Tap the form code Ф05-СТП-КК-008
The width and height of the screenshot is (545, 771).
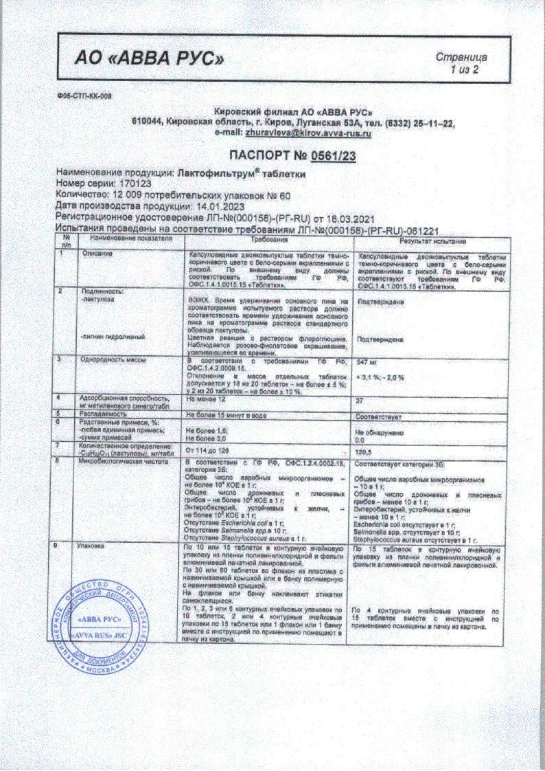(84, 96)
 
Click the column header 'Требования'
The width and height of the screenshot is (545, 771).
(268, 242)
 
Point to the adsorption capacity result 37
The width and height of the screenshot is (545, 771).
(357, 399)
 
